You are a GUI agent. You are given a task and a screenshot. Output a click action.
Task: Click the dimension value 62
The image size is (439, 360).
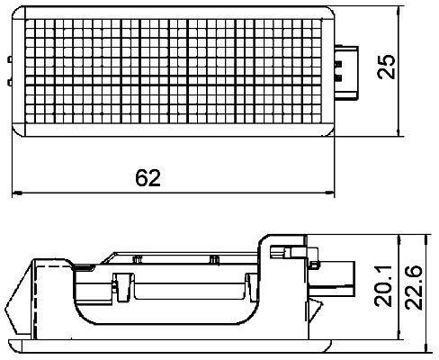point(148,177)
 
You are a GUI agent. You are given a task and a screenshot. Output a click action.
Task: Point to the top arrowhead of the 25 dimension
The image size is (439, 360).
point(400,11)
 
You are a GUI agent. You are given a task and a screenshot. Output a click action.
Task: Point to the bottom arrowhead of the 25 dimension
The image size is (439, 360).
point(400,132)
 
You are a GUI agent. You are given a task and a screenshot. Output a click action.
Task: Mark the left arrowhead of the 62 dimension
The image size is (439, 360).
point(13,192)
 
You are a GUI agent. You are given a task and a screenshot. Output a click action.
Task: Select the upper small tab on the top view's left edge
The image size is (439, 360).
point(9,58)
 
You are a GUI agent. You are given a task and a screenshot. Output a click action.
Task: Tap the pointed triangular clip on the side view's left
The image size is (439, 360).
point(13,306)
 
